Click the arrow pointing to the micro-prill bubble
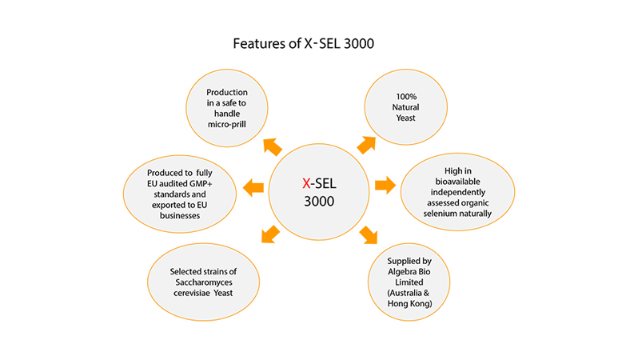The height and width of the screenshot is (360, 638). point(272,146)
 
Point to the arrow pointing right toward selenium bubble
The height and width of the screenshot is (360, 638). point(385,186)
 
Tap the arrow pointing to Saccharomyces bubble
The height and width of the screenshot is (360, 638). point(270,234)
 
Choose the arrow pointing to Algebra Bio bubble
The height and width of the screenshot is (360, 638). point(368,234)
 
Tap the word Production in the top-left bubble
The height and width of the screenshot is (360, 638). point(225,93)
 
